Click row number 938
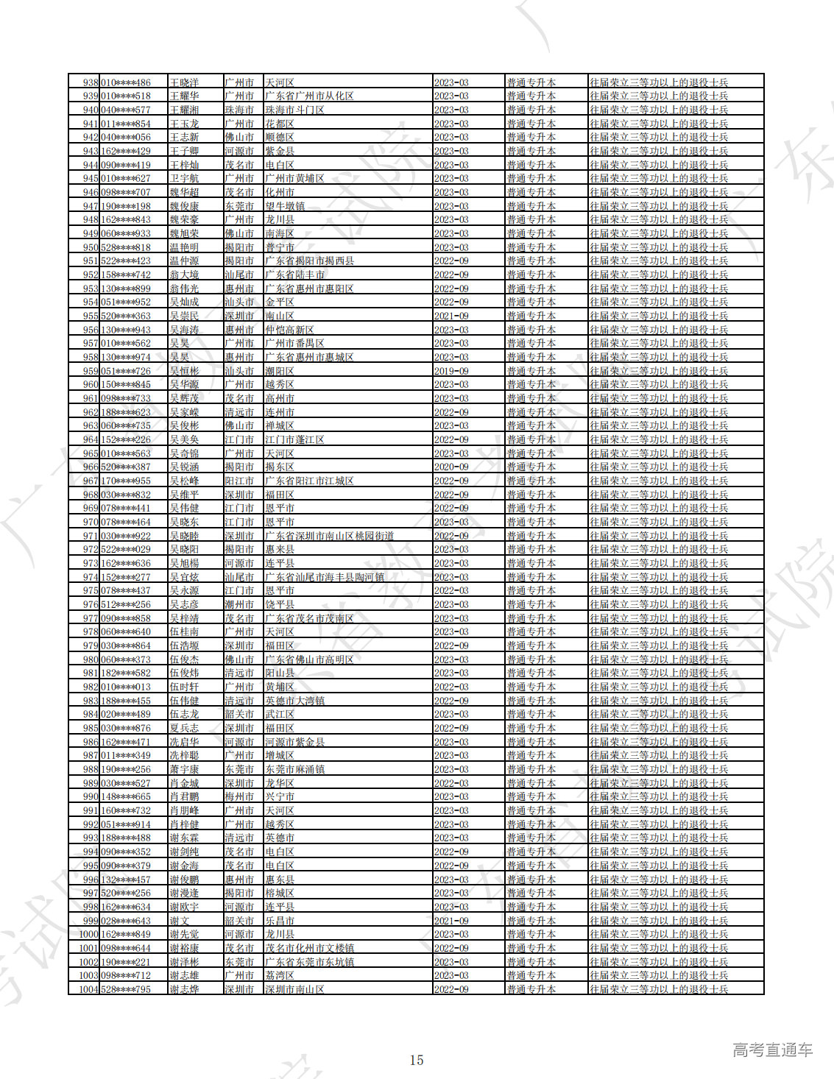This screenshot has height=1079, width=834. click(x=91, y=82)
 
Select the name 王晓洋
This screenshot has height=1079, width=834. click(x=184, y=82)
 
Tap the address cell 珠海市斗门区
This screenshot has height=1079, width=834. click(x=294, y=110)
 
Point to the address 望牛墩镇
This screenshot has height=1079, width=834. click(x=285, y=206)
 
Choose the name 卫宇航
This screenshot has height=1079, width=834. click(x=184, y=178)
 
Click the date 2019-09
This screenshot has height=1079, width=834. click(x=451, y=371)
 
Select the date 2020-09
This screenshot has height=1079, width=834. click(x=451, y=467)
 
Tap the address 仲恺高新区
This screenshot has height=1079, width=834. click(x=289, y=330)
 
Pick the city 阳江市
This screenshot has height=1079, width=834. click(x=239, y=481)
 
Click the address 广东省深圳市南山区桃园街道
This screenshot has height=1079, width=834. click(x=329, y=536)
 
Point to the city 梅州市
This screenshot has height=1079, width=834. click(x=239, y=796)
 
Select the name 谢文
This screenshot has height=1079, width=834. click(x=180, y=921)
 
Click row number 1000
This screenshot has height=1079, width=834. click(x=88, y=934)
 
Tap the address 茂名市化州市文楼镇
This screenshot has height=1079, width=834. click(x=309, y=948)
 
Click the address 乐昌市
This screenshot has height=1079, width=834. click(x=280, y=921)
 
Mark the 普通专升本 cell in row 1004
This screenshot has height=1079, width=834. click(x=531, y=989)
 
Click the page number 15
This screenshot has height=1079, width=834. click(x=417, y=1060)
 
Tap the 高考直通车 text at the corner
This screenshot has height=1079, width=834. click(x=772, y=1050)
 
